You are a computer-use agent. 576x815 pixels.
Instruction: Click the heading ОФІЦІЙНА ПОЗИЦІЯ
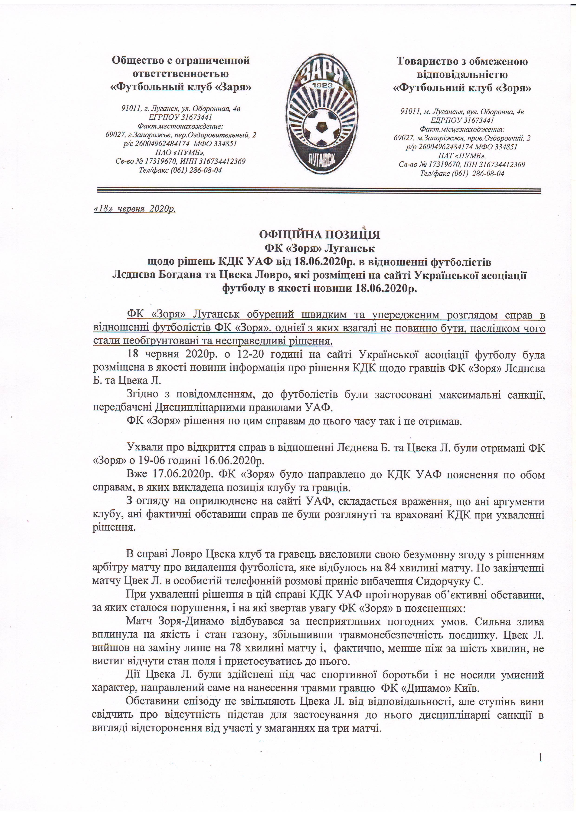point(319,235)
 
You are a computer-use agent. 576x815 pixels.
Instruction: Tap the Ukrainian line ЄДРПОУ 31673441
point(462,120)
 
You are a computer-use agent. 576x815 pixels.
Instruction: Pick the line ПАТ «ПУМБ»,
point(462,155)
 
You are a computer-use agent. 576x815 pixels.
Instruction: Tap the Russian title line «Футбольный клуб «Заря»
point(181,87)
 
